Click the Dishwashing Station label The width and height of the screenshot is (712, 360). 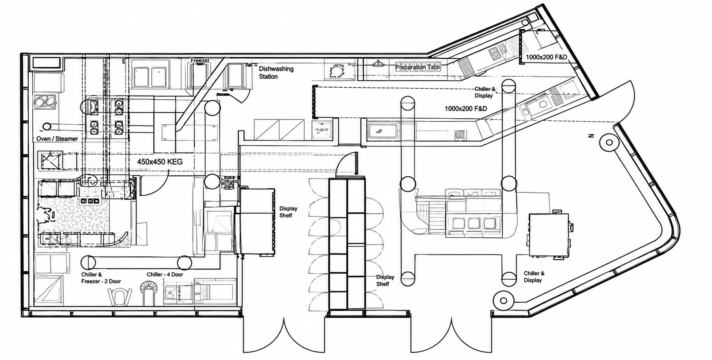tap(276, 73)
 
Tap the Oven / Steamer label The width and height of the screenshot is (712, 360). tap(57, 139)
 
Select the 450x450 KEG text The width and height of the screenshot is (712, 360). tap(160, 162)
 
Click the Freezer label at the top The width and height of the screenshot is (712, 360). tap(200, 61)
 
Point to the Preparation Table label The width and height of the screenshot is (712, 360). tap(417, 67)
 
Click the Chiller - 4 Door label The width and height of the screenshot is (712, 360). tap(165, 274)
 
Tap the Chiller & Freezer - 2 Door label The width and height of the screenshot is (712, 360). tap(101, 278)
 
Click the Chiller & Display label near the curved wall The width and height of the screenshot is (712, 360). tap(534, 277)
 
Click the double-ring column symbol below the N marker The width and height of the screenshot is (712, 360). tap(608, 142)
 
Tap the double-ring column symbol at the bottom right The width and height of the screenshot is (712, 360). tap(503, 301)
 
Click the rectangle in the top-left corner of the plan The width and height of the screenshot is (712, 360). tap(47, 63)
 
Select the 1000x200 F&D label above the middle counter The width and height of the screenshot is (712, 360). tap(466, 109)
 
